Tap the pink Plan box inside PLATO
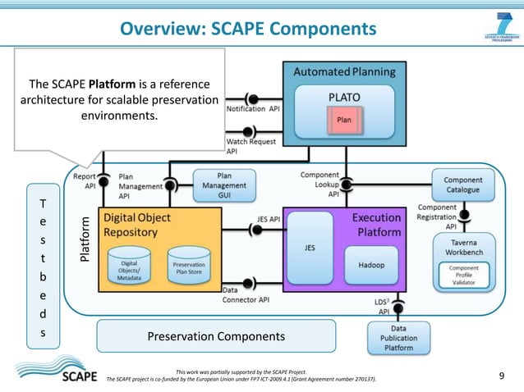tap(343, 121)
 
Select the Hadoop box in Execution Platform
tap(377, 265)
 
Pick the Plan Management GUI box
tap(223, 186)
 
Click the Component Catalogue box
tap(462, 185)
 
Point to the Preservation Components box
tap(216, 336)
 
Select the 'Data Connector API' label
tap(246, 295)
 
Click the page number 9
tap(502, 376)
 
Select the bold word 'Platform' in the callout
tap(112, 84)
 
